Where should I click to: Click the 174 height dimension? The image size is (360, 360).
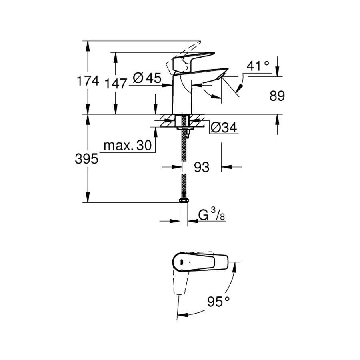tap(88, 81)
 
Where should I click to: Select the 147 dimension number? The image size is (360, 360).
tap(116, 84)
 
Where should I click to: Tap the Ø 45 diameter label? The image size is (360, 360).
tap(147, 78)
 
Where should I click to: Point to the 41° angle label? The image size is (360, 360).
tap(258, 66)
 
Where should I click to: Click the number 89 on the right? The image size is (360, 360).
tap(277, 96)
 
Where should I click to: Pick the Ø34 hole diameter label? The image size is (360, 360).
tap(224, 128)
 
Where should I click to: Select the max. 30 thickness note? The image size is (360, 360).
tap(128, 145)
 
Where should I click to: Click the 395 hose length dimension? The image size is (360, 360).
tap(86, 159)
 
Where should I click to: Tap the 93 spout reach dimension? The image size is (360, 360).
tap(202, 167)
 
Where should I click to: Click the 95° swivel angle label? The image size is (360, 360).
tap(218, 302)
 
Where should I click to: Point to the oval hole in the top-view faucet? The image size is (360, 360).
tap(181, 262)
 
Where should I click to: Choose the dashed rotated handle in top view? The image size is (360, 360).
tap(181, 282)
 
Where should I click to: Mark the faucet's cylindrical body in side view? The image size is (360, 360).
tap(182, 94)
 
